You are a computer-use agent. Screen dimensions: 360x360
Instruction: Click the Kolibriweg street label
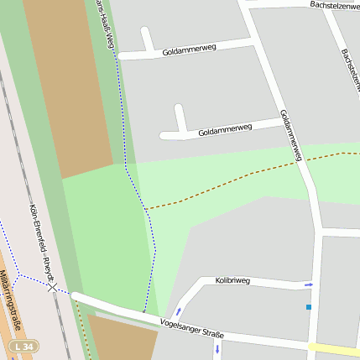coord(232,280)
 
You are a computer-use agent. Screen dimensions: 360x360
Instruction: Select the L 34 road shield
coord(24,346)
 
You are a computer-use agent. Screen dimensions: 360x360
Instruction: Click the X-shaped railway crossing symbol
coord(54,287)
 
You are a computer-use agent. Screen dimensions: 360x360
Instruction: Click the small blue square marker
coord(309,307)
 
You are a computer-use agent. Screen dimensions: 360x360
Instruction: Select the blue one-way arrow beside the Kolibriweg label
coord(308,285)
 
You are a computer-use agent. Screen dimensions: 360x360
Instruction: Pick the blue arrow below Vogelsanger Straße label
coord(217,347)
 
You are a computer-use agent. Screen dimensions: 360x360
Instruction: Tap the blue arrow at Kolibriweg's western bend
coord(177,312)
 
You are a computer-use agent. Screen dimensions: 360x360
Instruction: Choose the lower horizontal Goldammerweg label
coord(225,130)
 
